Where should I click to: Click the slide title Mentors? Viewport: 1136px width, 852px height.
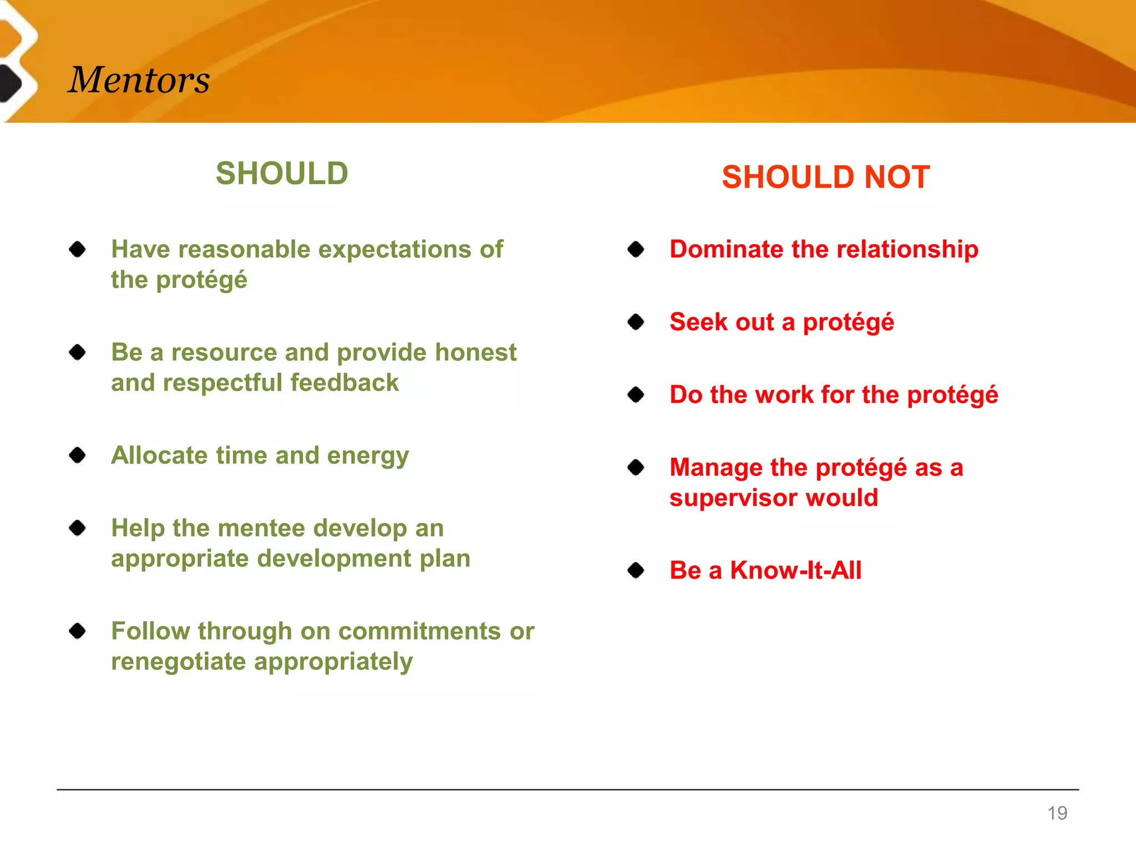pos(139,79)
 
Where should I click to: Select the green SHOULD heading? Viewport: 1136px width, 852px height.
pos(282,173)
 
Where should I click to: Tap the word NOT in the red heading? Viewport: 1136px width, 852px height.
pos(896,177)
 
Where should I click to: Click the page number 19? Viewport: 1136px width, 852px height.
pos(1057,813)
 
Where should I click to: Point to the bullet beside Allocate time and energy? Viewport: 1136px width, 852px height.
pos(78,455)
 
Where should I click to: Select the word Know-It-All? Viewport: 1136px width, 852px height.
pos(795,570)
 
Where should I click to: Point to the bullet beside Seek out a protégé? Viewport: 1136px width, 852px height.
pos(636,322)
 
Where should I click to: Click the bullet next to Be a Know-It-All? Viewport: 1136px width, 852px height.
pos(636,570)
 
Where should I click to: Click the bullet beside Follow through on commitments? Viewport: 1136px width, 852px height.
pos(78,631)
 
